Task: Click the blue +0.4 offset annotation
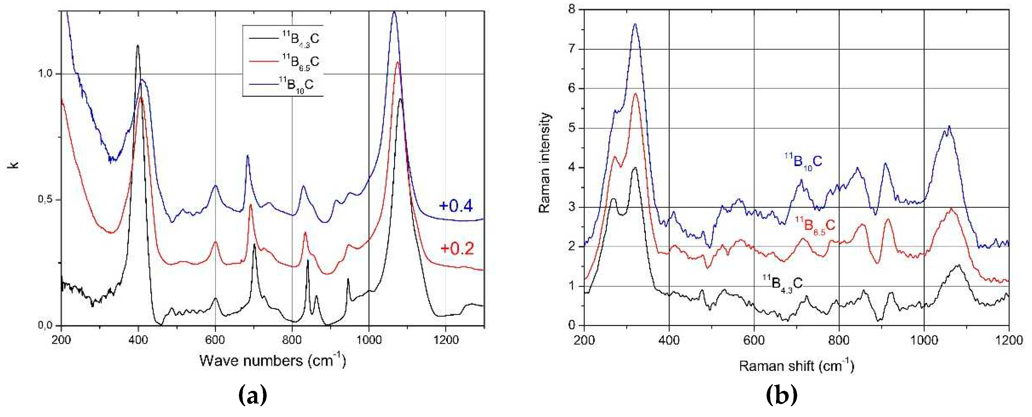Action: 456,206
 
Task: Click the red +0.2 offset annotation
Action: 457,249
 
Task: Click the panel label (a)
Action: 252,395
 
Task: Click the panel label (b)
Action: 781,395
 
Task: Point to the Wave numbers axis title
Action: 272,361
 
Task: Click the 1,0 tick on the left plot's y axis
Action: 46,74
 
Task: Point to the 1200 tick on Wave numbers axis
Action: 446,340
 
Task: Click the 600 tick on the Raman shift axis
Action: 754,340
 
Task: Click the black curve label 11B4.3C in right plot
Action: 782,284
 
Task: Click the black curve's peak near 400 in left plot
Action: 138,46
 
